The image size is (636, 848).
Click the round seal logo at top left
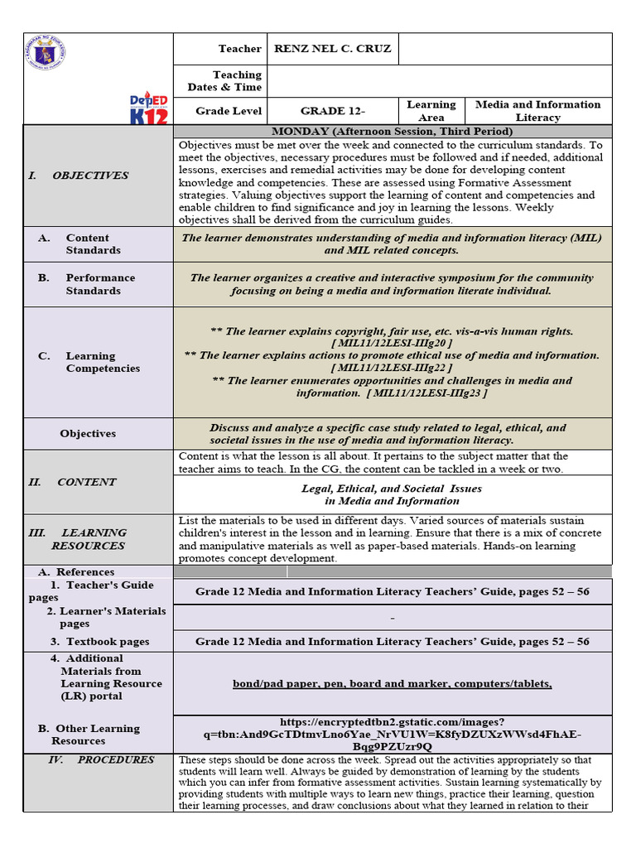(46, 55)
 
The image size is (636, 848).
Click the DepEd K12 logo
(149, 108)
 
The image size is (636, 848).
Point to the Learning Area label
(431, 111)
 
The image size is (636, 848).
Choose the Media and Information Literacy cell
(537, 111)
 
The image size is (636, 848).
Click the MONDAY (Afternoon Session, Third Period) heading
(392, 132)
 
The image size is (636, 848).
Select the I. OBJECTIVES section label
(79, 176)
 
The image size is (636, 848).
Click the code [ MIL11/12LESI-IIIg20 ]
(392, 343)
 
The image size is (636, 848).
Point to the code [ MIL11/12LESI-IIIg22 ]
(392, 368)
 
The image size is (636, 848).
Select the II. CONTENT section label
(73, 482)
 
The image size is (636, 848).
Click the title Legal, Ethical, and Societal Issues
(392, 489)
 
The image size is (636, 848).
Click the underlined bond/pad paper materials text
(392, 683)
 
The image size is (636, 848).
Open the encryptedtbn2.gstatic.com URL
(392, 734)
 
